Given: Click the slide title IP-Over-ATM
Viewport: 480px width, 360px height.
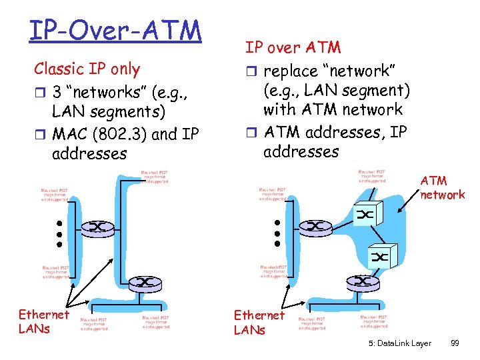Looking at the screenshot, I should click(x=115, y=31).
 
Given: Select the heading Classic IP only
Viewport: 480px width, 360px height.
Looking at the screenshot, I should click(x=87, y=69).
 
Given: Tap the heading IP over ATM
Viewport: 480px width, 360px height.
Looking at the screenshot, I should click(x=293, y=47).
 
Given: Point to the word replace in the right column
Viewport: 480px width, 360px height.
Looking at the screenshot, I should click(x=292, y=70).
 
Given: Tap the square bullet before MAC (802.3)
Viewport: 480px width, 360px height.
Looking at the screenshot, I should click(x=39, y=135).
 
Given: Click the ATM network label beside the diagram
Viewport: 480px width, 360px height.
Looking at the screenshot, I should click(x=442, y=188).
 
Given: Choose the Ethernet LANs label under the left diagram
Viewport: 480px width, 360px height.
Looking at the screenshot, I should click(x=43, y=321).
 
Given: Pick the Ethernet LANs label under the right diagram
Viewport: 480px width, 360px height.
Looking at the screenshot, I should click(x=259, y=322).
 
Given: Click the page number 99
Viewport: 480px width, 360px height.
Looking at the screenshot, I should click(x=455, y=343).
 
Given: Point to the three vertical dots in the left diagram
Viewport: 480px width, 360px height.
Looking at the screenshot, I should click(x=59, y=234).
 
